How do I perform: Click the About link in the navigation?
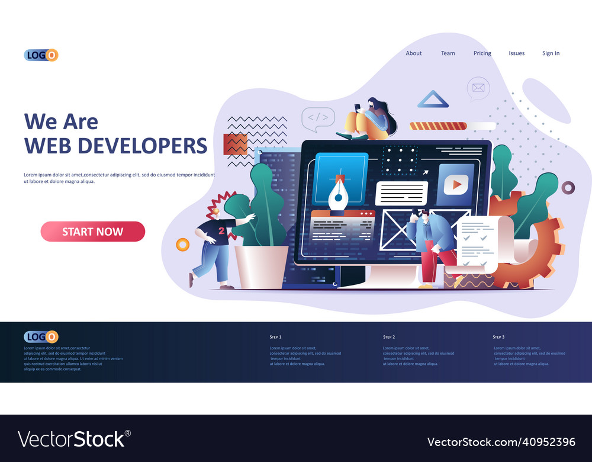[414, 53]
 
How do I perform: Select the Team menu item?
[448, 53]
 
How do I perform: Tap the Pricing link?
[482, 53]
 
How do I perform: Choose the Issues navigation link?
[517, 53]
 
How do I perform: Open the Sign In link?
[551, 53]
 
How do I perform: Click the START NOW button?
[93, 232]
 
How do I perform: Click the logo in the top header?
[41, 56]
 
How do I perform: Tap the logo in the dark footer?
[41, 337]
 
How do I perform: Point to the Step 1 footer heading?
[276, 337]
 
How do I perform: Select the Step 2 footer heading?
[389, 337]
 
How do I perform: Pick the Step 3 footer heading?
[499, 337]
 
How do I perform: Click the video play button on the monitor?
[456, 185]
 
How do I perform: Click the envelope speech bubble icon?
[478, 89]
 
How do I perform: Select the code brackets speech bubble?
[318, 117]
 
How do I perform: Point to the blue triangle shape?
[433, 100]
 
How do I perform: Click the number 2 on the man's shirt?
[221, 230]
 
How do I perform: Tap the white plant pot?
[261, 267]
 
